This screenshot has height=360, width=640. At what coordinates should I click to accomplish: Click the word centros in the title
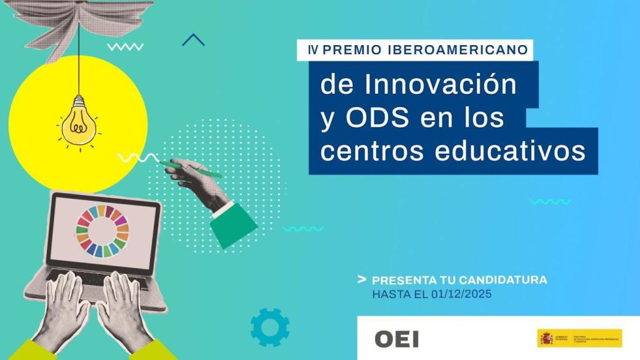coord(363,151)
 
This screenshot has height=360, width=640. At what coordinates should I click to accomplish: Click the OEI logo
coord(396,339)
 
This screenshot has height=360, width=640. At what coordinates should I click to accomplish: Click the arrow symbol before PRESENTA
coord(361,279)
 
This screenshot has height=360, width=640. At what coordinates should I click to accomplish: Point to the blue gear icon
coord(269,327)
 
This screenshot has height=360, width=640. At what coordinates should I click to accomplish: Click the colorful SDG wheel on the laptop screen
coord(102,231)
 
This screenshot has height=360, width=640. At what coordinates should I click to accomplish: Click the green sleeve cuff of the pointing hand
coord(233,225)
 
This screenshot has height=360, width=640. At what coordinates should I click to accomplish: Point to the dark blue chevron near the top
coord(193,41)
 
